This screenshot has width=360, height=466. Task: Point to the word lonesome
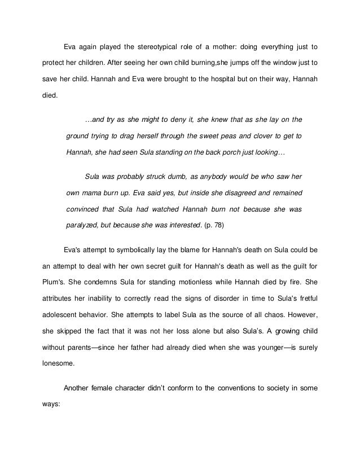59,364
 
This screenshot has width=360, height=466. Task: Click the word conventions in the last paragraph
226,388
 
